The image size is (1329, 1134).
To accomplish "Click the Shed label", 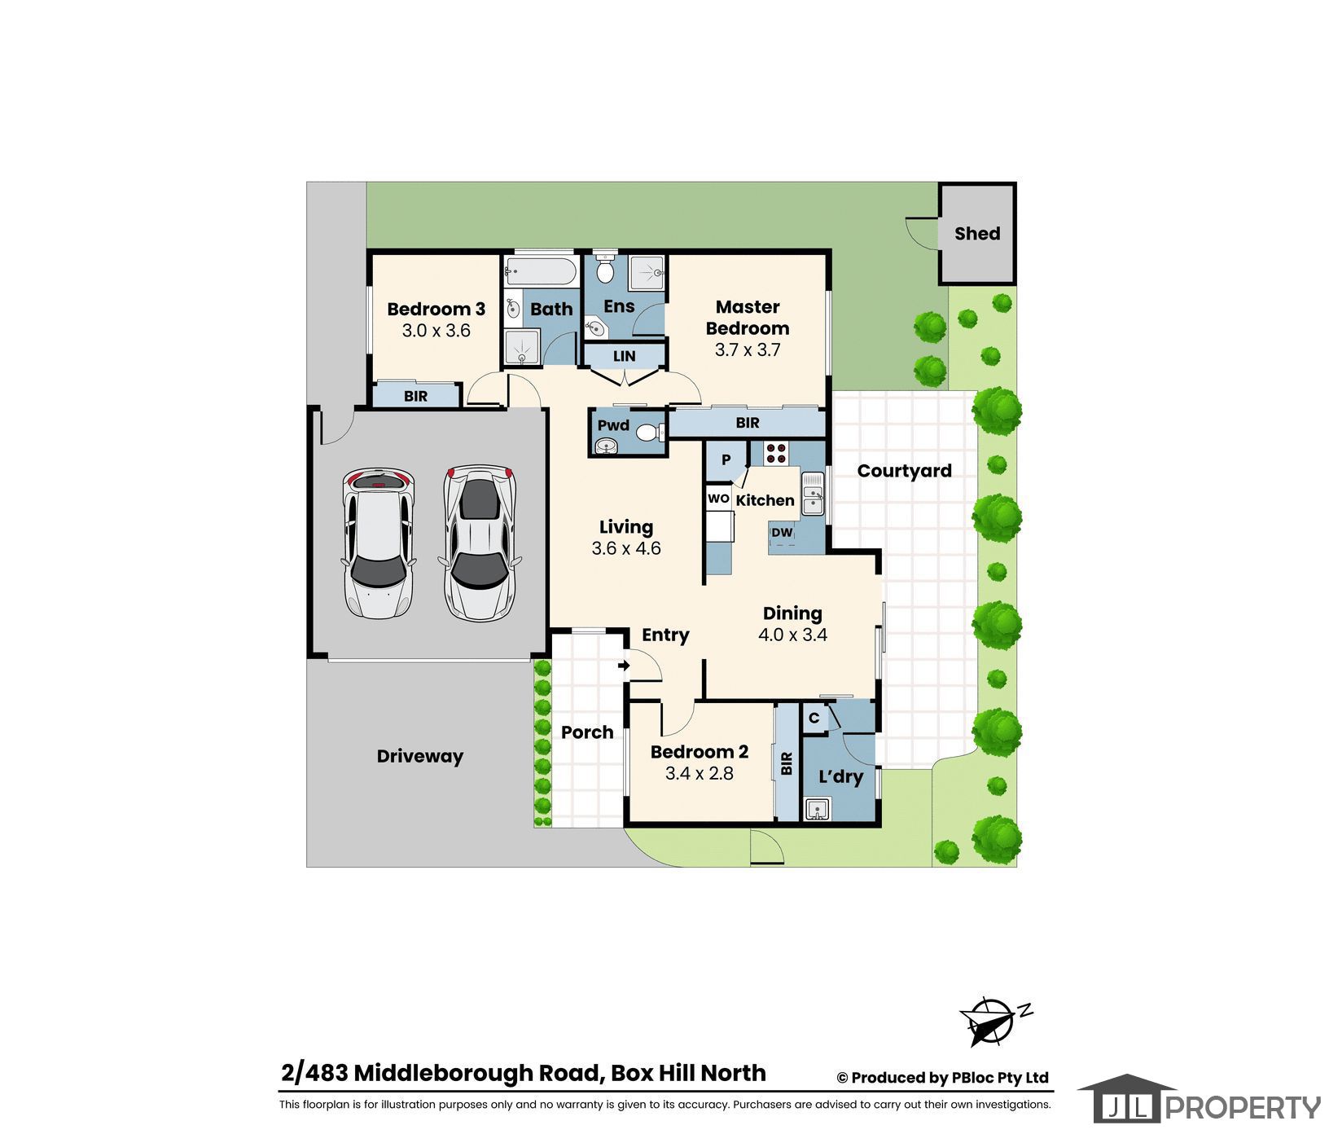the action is [976, 233].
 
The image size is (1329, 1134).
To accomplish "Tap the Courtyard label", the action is [904, 471].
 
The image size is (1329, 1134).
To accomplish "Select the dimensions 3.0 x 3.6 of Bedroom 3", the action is [436, 330].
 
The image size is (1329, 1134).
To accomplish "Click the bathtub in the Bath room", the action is [540, 270].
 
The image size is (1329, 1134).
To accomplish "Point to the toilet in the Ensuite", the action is [604, 267].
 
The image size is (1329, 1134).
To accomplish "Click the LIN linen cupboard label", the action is [624, 356].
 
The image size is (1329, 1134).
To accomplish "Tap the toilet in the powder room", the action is [650, 432].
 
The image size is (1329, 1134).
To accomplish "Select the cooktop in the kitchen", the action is [775, 452].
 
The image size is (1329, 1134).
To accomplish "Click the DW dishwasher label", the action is [782, 533].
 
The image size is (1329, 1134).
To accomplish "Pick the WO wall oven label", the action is [718, 499].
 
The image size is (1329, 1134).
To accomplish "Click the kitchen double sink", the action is [813, 494].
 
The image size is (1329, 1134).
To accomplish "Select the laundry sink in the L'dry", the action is [817, 809].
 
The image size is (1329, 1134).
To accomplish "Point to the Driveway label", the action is [419, 756].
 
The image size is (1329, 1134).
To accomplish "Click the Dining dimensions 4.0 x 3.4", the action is [792, 635].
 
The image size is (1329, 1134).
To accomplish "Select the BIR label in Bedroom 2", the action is [787, 763].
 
